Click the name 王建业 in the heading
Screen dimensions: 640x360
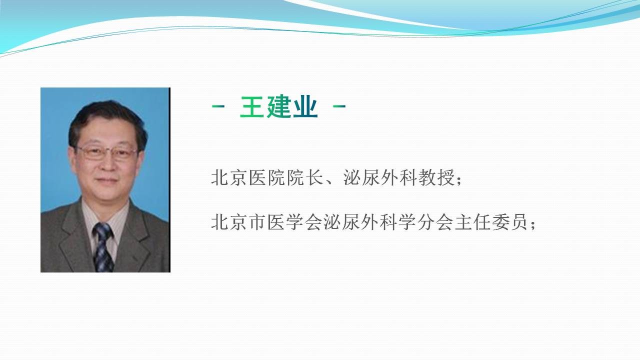tap(279, 106)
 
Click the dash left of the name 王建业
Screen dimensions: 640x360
tap(218, 106)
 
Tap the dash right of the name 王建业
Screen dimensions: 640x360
tap(339, 106)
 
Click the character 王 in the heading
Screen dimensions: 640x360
tap(251, 106)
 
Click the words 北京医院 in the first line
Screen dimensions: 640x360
tap(248, 177)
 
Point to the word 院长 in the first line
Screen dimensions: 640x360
tap(305, 177)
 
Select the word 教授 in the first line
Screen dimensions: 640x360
tap(436, 177)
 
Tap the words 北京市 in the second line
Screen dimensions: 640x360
tap(239, 222)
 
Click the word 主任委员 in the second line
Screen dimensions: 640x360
tap(491, 222)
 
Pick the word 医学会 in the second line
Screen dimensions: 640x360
tap(295, 222)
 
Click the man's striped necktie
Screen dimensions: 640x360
tap(103, 247)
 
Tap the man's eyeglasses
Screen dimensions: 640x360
tap(106, 153)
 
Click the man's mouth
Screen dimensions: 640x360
tap(106, 180)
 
